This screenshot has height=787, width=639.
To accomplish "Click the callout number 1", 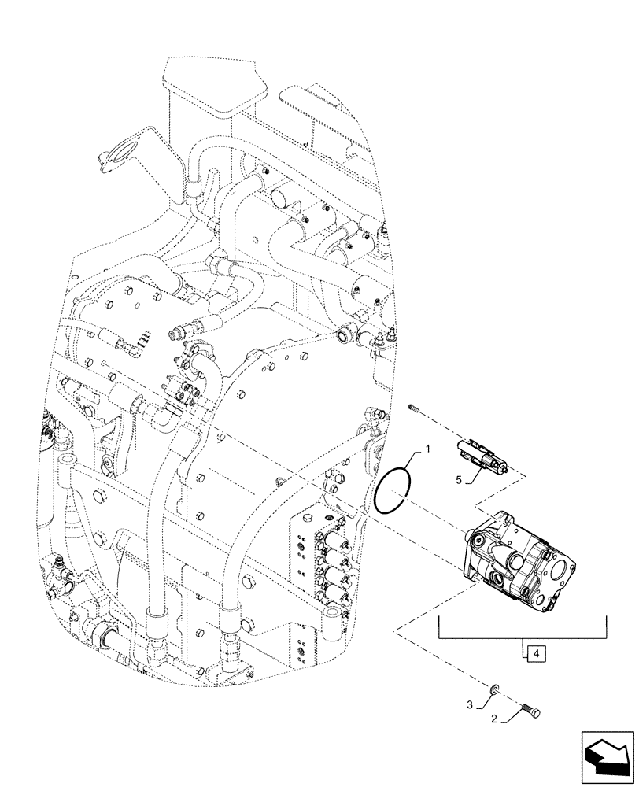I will (x=429, y=449).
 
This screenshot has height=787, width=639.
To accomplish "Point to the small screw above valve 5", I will (x=414, y=407).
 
